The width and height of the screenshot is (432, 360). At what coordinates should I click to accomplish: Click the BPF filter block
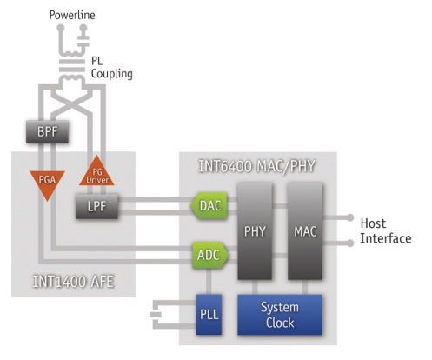[47, 132]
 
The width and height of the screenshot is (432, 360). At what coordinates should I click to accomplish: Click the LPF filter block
[96, 206]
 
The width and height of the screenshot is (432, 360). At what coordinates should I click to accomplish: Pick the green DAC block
[209, 206]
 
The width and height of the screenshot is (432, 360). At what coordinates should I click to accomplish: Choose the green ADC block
[210, 255]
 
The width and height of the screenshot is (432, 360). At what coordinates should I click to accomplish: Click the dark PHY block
[255, 231]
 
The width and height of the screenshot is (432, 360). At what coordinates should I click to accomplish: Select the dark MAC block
[305, 231]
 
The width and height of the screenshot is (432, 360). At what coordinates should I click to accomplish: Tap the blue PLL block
[209, 315]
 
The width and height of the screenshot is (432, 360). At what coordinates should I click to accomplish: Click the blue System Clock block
[280, 315]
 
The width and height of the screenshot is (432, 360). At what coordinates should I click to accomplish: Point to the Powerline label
[72, 15]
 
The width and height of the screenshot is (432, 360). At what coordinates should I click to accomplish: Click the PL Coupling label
[112, 68]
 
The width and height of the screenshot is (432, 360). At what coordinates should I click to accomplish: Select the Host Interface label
[386, 231]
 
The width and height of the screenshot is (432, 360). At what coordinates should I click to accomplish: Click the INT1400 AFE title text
[73, 282]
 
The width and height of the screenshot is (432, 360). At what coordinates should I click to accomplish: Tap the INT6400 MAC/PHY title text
[256, 166]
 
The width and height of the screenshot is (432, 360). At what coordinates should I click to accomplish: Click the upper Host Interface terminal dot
[350, 217]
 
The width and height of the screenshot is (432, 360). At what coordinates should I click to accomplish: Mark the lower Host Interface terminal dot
[350, 243]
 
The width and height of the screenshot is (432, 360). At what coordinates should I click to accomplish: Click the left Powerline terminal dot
[61, 28]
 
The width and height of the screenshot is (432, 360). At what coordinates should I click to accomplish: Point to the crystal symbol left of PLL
[156, 315]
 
